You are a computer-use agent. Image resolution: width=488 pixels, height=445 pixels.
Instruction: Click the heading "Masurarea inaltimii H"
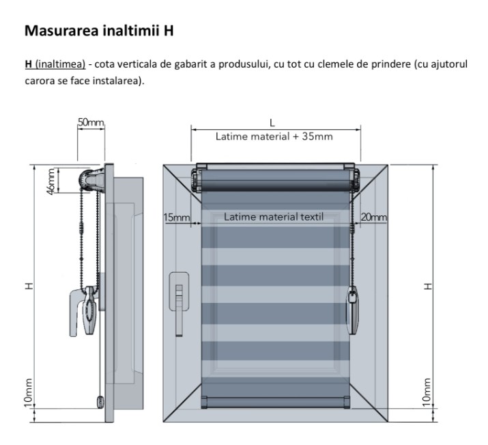click(x=99, y=31)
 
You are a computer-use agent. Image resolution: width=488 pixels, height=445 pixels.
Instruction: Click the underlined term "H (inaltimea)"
click(x=55, y=64)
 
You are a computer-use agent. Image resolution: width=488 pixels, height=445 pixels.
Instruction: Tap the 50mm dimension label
click(x=91, y=122)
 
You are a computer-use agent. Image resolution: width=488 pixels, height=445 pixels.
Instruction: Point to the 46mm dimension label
click(x=51, y=180)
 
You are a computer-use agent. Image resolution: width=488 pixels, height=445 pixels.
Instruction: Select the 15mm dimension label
click(x=177, y=217)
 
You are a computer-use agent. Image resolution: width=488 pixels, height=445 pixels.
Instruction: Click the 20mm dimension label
click(x=374, y=217)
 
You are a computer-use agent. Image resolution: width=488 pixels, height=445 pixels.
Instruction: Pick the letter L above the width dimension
click(x=272, y=123)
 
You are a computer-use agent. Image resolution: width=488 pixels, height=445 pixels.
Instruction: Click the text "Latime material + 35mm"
click(x=274, y=137)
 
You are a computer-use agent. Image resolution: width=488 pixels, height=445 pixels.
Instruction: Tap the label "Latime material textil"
click(x=274, y=217)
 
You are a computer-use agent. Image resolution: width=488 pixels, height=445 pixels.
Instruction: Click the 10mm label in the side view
click(x=28, y=393)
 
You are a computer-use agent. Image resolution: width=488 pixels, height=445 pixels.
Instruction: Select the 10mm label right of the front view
click(x=427, y=392)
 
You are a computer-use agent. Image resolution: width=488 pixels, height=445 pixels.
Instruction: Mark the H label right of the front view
click(x=428, y=286)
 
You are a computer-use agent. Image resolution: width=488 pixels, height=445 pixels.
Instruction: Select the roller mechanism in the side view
click(x=92, y=180)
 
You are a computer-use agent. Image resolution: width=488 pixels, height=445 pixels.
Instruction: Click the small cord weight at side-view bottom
click(x=100, y=402)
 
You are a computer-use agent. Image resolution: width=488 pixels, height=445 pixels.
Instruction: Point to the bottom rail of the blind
click(x=275, y=403)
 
